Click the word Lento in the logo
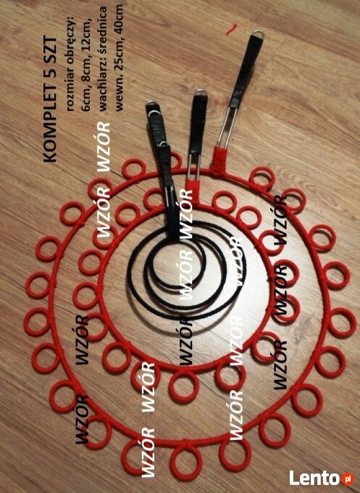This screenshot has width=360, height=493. tap(315, 478)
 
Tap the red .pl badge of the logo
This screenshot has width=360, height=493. tap(347, 478)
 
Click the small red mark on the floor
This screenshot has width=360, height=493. tap(232, 30)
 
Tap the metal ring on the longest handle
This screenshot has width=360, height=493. tap(257, 33)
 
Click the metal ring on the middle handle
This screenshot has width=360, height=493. tap(201, 93)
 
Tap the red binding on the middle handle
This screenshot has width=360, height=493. tap(192, 190)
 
